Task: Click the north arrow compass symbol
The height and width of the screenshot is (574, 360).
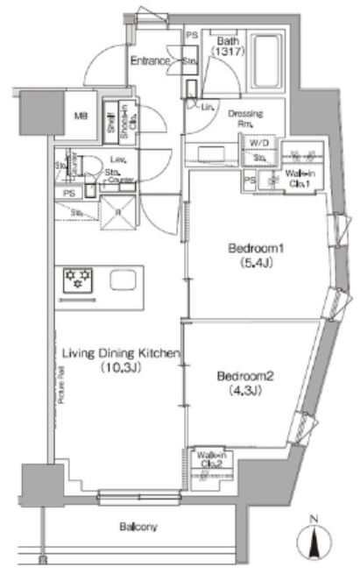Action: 316,535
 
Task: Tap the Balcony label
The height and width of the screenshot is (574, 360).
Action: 138,527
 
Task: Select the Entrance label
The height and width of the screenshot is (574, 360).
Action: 150,60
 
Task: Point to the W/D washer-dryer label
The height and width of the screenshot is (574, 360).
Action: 258,143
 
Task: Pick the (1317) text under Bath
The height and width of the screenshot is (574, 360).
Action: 226,53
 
